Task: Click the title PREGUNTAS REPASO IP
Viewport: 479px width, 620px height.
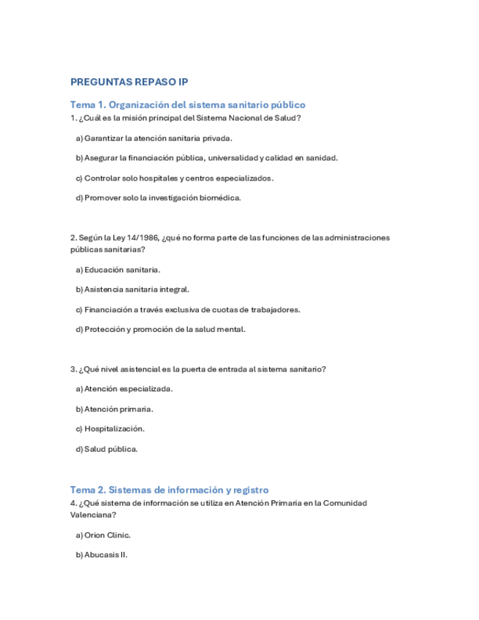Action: tap(129, 82)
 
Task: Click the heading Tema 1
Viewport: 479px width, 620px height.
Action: tap(187, 105)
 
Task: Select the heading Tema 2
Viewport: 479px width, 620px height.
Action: tap(169, 490)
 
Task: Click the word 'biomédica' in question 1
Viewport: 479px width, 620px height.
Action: tap(220, 197)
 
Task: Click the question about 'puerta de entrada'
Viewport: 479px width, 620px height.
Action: tap(197, 369)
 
